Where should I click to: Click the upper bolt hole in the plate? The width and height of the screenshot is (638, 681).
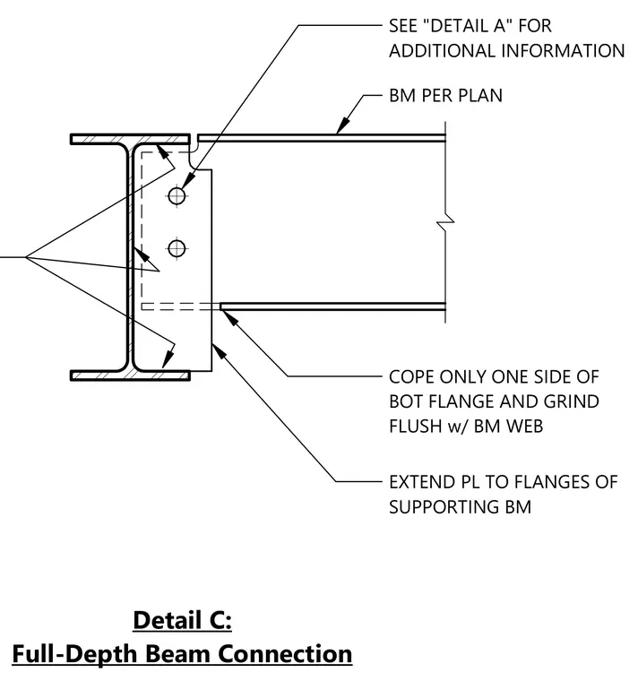(177, 196)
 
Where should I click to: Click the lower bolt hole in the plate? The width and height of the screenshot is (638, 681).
(177, 249)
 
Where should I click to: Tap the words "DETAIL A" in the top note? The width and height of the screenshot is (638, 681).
(468, 26)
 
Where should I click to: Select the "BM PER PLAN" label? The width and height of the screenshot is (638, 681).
(445, 96)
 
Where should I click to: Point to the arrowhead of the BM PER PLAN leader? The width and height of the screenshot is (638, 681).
(342, 125)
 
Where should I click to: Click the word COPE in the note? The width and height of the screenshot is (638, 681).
(411, 377)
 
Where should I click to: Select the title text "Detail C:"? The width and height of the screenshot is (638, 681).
(183, 620)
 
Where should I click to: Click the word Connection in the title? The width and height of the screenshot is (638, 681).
(285, 653)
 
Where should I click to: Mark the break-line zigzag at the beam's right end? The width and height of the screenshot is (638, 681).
(445, 222)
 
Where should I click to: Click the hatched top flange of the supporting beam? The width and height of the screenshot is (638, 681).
(130, 139)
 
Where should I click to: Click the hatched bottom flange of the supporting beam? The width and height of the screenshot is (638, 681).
(130, 375)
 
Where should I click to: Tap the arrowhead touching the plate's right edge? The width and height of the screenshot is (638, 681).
(220, 351)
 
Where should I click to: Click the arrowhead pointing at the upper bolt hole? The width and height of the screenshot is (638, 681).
(189, 180)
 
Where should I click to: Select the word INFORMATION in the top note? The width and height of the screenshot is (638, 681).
(563, 51)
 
